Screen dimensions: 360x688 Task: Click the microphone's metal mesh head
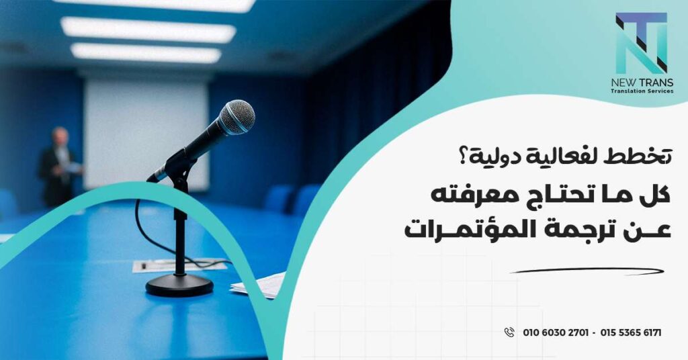[237, 117]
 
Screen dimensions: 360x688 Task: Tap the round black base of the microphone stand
[179, 284]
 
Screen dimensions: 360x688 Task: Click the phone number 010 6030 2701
[556, 332]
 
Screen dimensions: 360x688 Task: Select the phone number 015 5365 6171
[631, 332]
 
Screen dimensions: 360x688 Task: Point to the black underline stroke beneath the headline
[585, 271]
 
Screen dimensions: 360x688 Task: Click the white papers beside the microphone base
[259, 285]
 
